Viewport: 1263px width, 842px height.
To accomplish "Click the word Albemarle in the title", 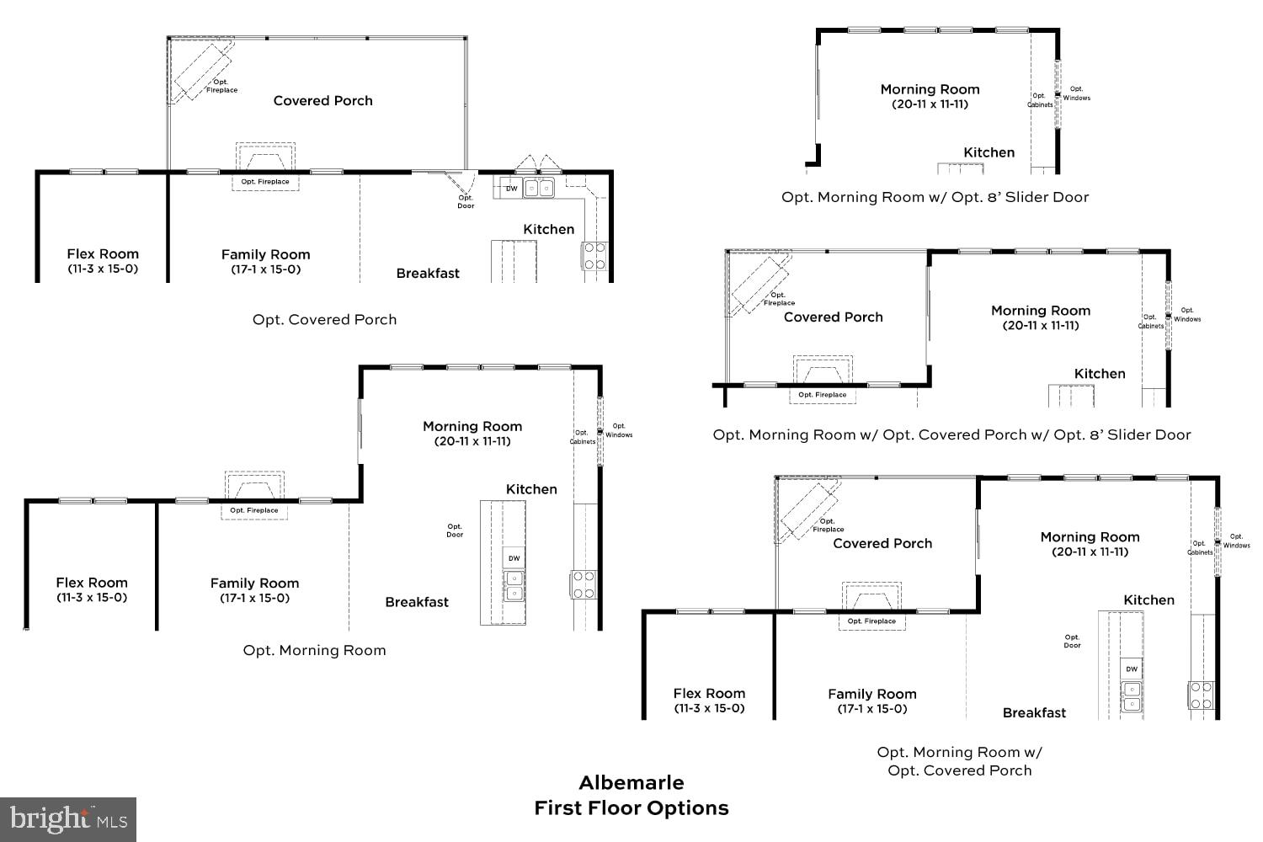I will (x=631, y=782).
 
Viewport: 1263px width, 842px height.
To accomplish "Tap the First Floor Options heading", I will (x=631, y=808).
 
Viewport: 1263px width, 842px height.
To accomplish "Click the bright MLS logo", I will (x=67, y=819).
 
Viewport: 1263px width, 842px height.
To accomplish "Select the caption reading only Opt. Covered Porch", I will (x=324, y=320).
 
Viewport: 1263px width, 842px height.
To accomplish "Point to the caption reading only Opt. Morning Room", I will (x=314, y=650).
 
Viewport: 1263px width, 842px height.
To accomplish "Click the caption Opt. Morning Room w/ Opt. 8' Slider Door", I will (x=935, y=197).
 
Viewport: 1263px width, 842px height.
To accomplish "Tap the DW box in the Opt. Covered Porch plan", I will (x=511, y=189).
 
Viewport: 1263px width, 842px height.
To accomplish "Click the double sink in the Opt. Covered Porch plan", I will (x=539, y=188).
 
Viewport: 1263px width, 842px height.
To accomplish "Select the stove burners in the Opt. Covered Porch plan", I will (x=594, y=256).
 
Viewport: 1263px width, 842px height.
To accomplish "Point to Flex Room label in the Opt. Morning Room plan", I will (x=92, y=583).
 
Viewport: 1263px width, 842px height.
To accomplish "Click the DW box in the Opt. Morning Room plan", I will (x=514, y=557).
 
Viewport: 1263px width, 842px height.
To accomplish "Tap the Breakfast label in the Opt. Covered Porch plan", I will (x=428, y=274).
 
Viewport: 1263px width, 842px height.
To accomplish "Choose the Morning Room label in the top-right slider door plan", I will (x=930, y=89).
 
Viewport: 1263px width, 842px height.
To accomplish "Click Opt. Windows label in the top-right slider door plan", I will (x=1076, y=93).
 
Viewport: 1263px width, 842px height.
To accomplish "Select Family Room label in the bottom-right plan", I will (x=871, y=694).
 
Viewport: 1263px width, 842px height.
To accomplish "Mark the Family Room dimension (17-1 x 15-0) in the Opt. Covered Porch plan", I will (x=265, y=269).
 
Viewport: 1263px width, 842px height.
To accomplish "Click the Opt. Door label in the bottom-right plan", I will (x=1072, y=641).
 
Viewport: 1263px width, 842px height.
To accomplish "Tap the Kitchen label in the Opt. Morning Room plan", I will (x=531, y=489).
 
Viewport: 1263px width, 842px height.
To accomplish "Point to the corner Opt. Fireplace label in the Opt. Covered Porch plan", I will (x=221, y=86).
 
